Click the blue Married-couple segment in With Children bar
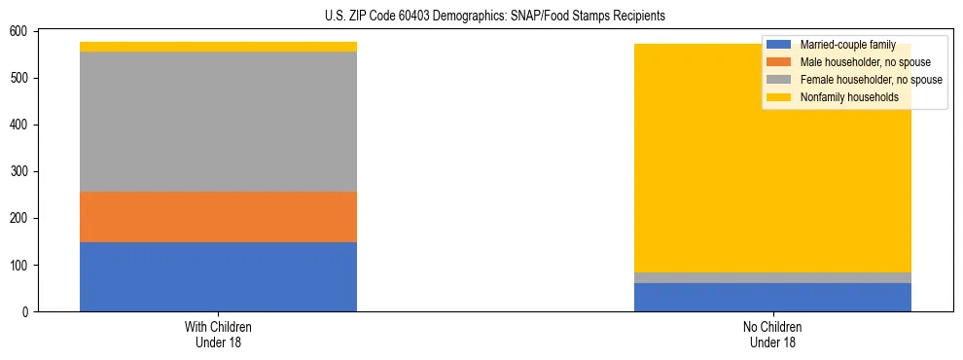click(x=218, y=276)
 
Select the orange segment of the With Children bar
click(x=218, y=217)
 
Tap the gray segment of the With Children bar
click(x=218, y=122)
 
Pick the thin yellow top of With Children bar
click(x=218, y=47)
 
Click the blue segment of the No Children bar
click(x=772, y=297)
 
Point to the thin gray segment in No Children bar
click(x=772, y=278)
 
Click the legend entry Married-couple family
click(x=847, y=45)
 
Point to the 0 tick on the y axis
click(x=28, y=312)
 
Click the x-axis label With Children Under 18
click(x=218, y=335)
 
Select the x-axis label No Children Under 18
click(x=772, y=335)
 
